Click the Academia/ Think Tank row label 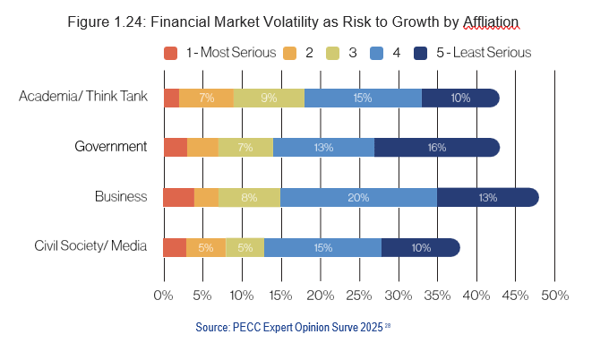coord(82,97)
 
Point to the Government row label coord(112,146)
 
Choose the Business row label coord(121,196)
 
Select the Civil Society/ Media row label coord(90,246)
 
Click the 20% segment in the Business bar coord(359,197)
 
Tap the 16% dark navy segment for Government coord(437,147)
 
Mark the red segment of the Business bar coord(178,197)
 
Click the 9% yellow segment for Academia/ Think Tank coord(269,98)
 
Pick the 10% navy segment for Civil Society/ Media coord(420,247)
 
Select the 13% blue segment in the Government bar coord(323,147)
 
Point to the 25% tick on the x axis coord(358,295)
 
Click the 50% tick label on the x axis coord(554,295)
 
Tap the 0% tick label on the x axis coord(163,295)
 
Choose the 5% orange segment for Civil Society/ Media coord(206,247)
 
